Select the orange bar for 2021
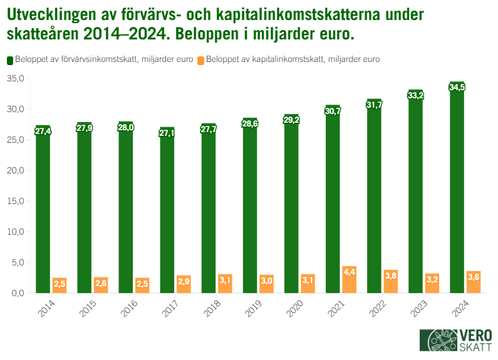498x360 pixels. click(349, 280)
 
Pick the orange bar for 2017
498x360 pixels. click(184, 284)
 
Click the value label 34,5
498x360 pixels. click(457, 87)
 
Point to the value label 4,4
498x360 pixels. click(349, 272)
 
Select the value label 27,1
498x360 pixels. click(167, 133)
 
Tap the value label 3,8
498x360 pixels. click(390, 275)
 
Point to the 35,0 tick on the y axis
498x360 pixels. click(15, 79)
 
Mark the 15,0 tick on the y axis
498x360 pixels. click(15, 201)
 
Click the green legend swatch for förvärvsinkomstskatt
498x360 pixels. click(10, 60)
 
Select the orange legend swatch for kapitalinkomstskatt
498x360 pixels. click(200, 60)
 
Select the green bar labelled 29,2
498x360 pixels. click(291, 207)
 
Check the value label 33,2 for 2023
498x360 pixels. click(415, 95)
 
